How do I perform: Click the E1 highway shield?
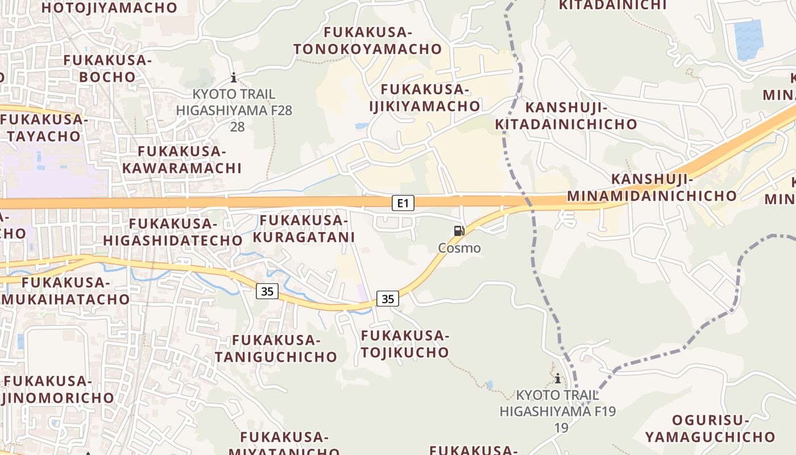[403, 202]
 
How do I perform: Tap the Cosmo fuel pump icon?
[459, 231]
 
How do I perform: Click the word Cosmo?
[459, 248]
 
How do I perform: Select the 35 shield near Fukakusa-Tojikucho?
[387, 299]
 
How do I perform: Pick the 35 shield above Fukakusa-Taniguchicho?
[267, 292]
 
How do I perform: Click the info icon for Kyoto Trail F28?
[233, 77]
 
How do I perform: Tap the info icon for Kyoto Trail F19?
[558, 378]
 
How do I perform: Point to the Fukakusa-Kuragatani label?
[304, 229]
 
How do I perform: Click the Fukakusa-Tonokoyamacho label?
[368, 40]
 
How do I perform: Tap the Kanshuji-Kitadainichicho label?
[566, 116]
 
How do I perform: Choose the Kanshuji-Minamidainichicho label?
[652, 188]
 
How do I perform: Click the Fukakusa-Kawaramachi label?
[182, 160]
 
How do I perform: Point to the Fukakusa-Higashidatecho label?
[173, 231]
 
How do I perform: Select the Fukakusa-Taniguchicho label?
[276, 349]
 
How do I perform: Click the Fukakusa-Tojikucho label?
[405, 344]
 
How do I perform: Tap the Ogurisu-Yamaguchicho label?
[710, 429]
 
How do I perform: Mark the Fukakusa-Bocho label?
[107, 68]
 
